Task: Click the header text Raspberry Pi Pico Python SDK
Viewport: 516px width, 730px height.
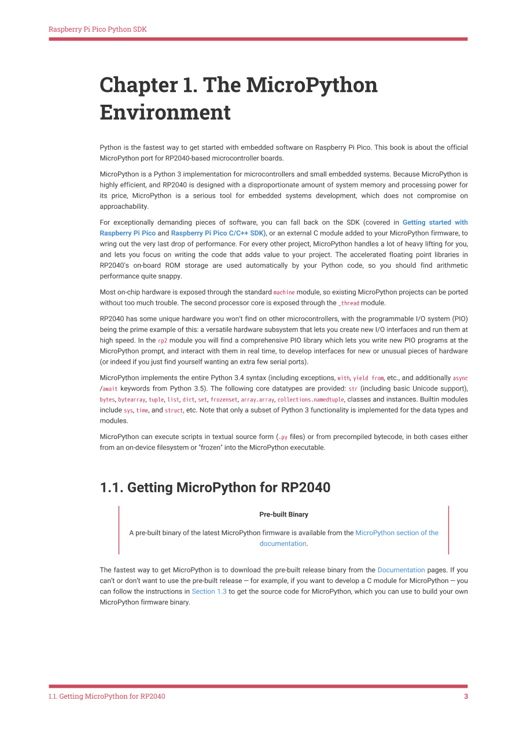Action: coord(97,29)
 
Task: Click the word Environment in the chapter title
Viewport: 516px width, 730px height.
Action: coord(165,112)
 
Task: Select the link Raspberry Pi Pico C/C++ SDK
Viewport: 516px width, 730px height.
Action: coord(217,233)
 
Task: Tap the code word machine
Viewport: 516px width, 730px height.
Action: coord(284,293)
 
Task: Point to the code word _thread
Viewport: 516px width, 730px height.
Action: coord(348,303)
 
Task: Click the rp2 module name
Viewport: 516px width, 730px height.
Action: coord(163,341)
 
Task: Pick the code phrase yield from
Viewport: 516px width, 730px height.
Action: coord(368,378)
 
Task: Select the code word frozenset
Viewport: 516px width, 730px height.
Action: coord(224,400)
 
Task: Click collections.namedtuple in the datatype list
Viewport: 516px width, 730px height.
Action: coord(311,400)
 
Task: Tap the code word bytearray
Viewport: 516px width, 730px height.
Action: coord(131,400)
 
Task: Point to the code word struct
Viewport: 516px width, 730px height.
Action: coord(174,411)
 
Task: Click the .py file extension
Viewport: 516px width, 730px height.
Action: coord(283,437)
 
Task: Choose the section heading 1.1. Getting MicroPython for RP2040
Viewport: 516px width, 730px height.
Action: coord(215,488)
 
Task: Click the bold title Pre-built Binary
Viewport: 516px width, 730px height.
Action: coord(283,514)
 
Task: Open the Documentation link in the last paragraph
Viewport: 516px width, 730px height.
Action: coord(401,570)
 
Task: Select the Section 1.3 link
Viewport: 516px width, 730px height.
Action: coord(209,592)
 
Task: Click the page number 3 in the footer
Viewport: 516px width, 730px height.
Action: coord(466,696)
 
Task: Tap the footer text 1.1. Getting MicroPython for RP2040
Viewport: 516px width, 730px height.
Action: coord(107,696)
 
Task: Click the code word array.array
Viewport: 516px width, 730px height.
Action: coord(257,400)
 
